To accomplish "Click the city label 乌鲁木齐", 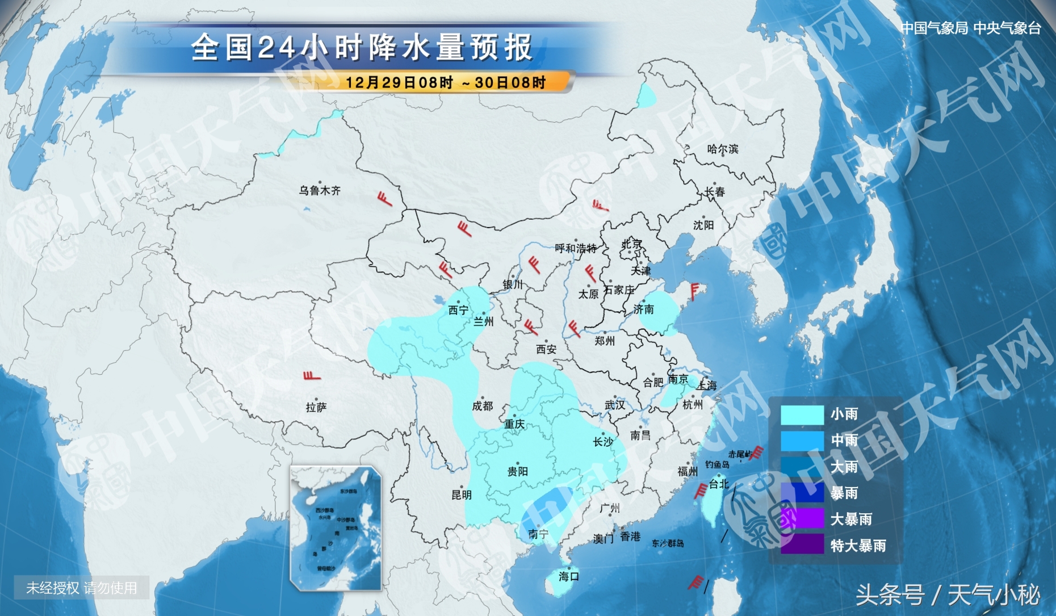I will (320, 191).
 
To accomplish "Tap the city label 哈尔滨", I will (723, 149).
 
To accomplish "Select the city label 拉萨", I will (316, 407).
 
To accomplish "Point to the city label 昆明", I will (462, 495).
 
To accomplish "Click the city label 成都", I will (483, 406).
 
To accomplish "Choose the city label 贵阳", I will (518, 471).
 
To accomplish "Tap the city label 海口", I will (568, 576).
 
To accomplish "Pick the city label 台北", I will (719, 484).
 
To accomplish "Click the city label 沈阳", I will (703, 225).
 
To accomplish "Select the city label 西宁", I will (458, 310).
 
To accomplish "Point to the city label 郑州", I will (605, 341).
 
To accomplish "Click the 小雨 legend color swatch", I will (802, 414).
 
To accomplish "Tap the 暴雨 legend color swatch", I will (802, 493).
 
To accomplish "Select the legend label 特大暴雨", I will (858, 546).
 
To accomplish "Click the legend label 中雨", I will (844, 440).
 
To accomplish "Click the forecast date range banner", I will (446, 83).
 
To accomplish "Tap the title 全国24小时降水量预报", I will (362, 47).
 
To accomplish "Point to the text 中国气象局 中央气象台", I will (971, 28).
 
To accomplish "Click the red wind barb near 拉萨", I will (312, 376).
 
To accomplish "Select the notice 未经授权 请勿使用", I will (82, 588).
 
